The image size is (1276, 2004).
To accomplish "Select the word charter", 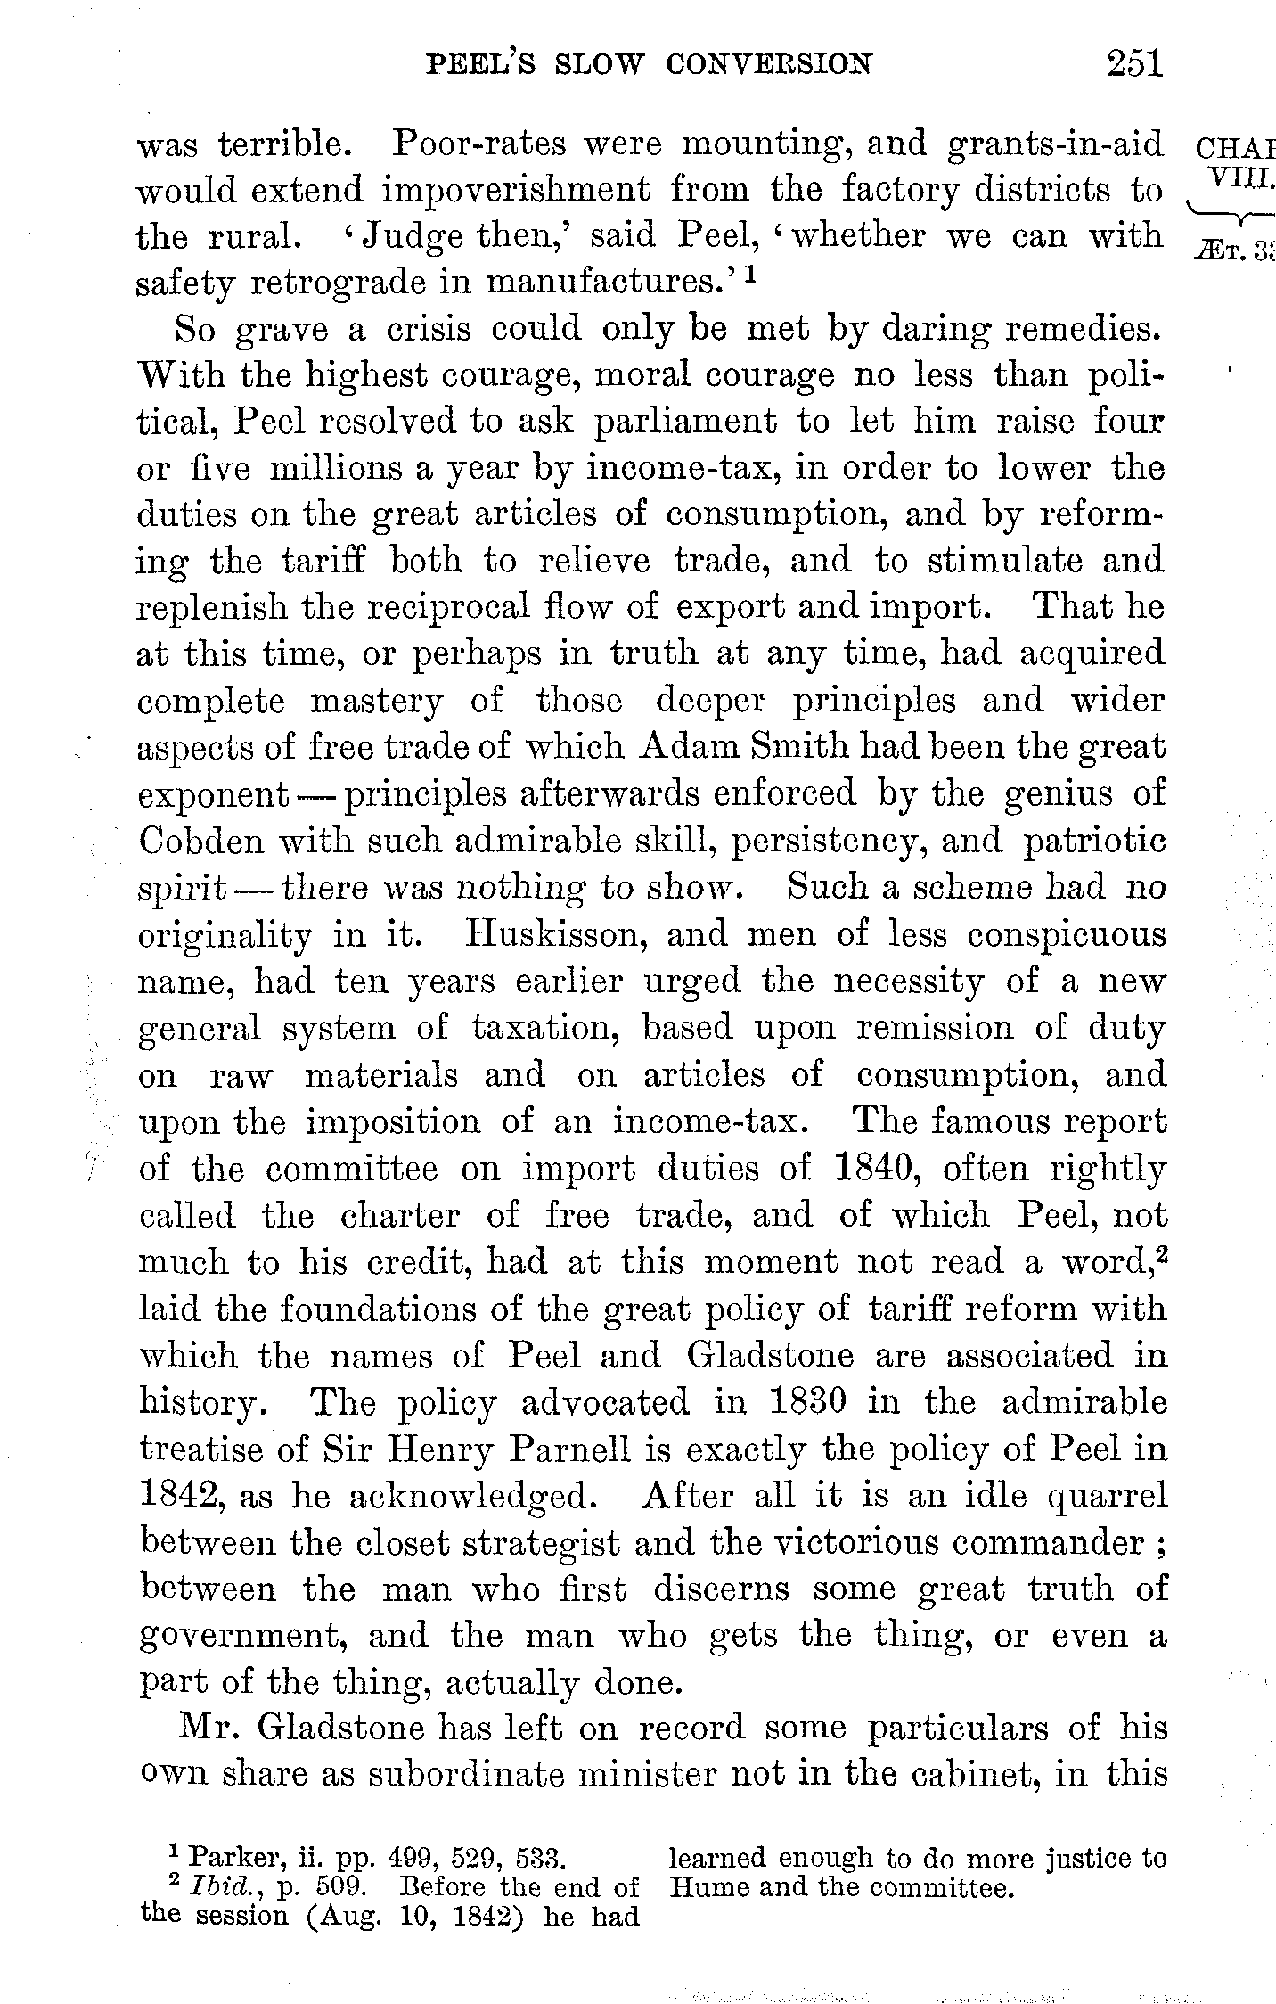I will [400, 1215].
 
